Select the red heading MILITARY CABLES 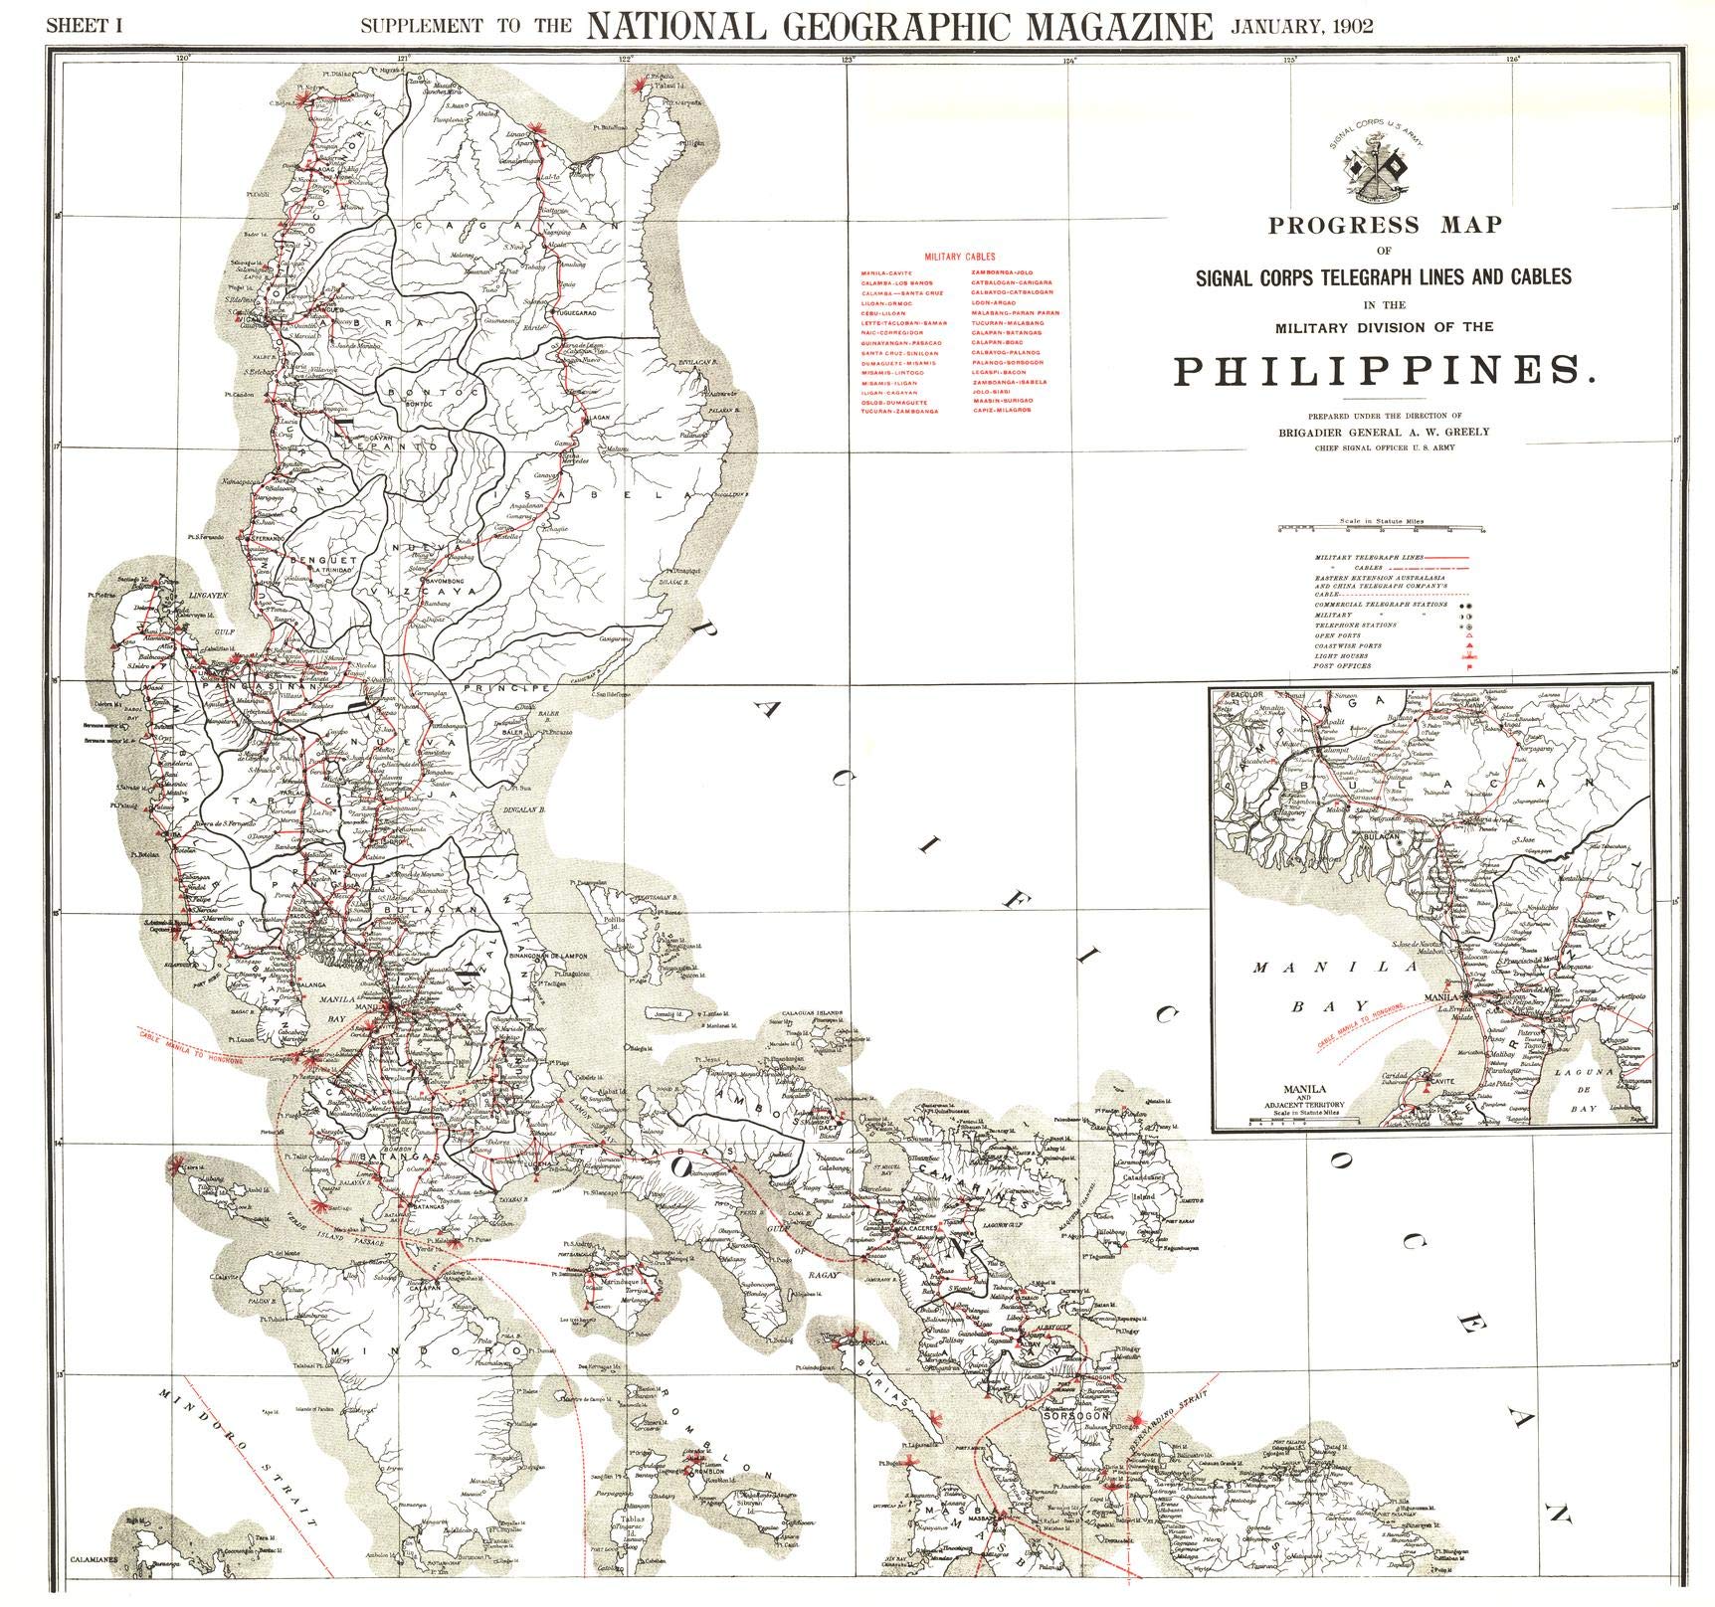tap(959, 257)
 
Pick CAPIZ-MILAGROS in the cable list tap(1002, 410)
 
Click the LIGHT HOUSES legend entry tap(1341, 656)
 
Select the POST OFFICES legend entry tap(1343, 666)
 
